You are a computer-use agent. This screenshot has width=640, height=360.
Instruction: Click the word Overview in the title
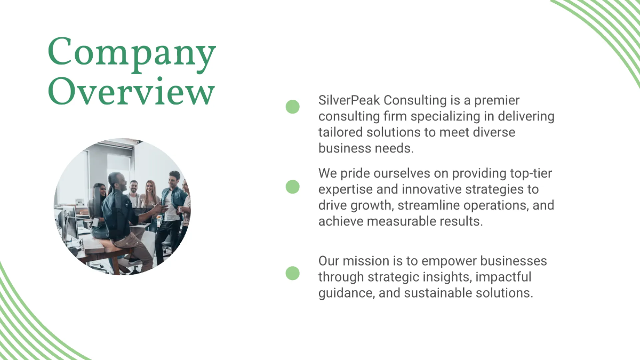[132, 92]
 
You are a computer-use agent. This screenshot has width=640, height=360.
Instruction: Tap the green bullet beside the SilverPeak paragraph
[292, 107]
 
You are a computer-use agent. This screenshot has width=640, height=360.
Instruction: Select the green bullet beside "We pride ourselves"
[292, 187]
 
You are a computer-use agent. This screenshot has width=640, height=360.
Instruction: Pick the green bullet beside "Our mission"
[292, 274]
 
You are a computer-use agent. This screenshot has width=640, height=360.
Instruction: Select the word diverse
[494, 132]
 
